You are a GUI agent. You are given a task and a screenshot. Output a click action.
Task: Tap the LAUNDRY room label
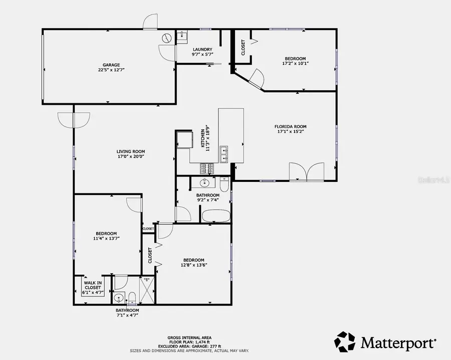(x=203, y=49)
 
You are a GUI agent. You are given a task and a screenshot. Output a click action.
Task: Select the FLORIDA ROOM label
(x=290, y=127)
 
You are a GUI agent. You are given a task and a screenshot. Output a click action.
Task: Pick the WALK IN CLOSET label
(x=93, y=285)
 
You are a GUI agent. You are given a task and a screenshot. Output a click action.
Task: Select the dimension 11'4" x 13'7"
(x=106, y=239)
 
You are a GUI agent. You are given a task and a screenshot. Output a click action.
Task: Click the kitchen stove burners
(x=207, y=168)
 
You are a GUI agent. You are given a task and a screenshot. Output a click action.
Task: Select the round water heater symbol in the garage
(x=166, y=38)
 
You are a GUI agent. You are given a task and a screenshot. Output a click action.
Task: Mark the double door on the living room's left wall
(x=74, y=120)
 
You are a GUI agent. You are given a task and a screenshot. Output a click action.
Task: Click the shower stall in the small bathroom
(x=146, y=289)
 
